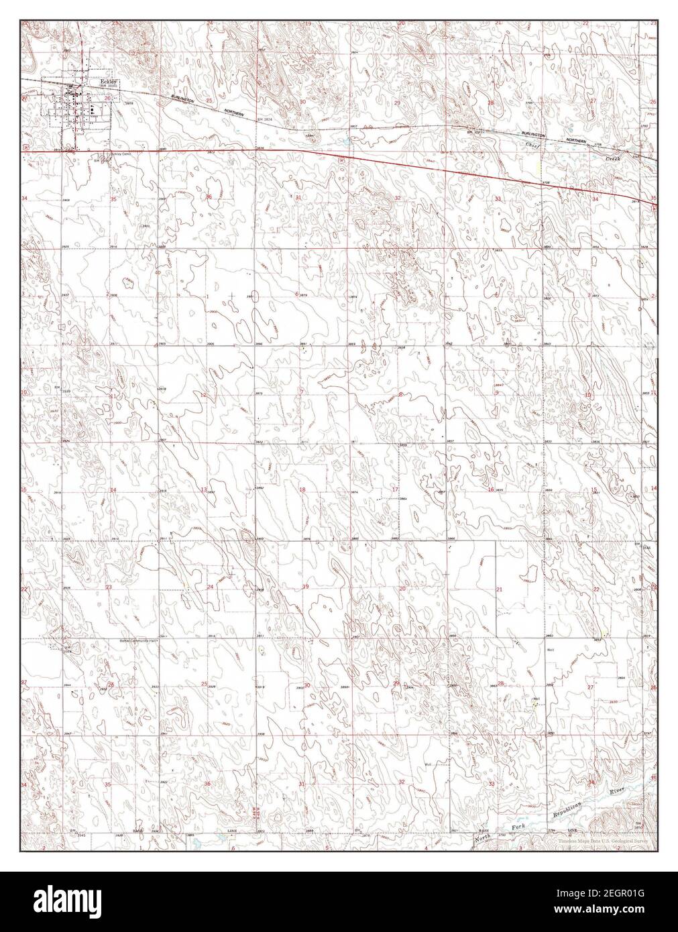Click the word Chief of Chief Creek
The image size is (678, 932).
pyautogui.click(x=532, y=145)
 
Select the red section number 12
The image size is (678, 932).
pyautogui.click(x=203, y=395)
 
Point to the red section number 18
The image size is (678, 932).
pyautogui.click(x=302, y=490)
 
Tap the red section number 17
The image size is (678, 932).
pyautogui.click(x=396, y=490)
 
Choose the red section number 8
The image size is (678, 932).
pyautogui.click(x=400, y=395)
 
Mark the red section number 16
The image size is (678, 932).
pyautogui.click(x=491, y=490)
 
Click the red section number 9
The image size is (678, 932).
pyautogui.click(x=496, y=393)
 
